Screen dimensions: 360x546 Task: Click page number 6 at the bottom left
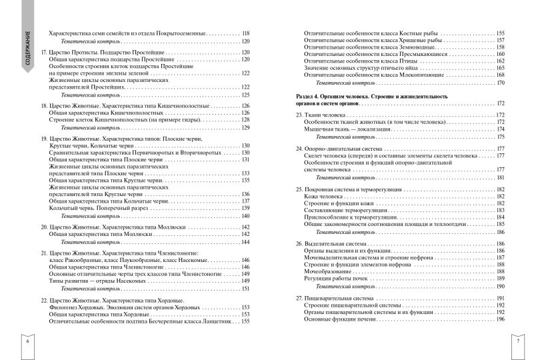pyautogui.click(x=28, y=341)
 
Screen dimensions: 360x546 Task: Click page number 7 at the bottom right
pyautogui.click(x=518, y=341)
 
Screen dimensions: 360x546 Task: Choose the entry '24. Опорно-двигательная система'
pyautogui.click(x=339, y=147)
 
